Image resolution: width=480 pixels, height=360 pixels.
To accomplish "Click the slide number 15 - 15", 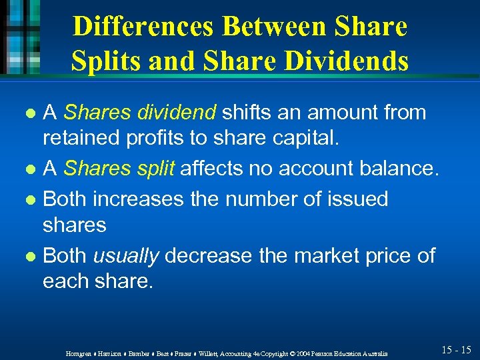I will pos(457,350).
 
